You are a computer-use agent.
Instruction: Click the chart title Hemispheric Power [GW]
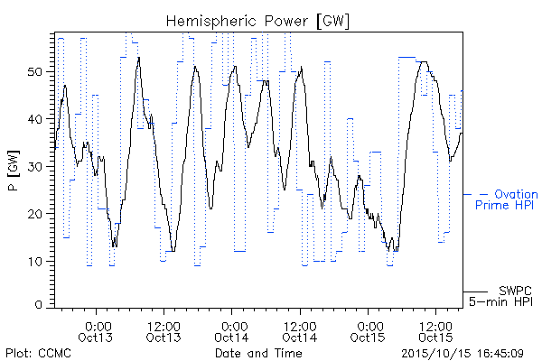(257, 22)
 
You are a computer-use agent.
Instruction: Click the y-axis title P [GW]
(14, 171)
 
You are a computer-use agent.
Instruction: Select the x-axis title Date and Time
(258, 354)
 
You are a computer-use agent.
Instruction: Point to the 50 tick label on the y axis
(35, 72)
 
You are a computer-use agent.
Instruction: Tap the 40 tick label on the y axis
(35, 119)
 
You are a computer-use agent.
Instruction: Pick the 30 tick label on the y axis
(35, 166)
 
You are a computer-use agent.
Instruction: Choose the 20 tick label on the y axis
(35, 214)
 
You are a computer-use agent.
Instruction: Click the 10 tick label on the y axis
(35, 261)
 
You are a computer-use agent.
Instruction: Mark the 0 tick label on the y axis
(39, 305)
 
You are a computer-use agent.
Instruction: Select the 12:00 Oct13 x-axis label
(164, 332)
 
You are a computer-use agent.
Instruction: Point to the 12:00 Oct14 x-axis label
(300, 332)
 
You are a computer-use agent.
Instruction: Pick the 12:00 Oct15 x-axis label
(436, 332)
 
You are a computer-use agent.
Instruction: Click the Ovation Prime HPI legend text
(507, 199)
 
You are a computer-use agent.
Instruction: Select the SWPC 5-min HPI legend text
(500, 296)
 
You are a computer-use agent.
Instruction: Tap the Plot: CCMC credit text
(38, 354)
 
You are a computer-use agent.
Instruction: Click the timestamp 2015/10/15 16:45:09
(463, 354)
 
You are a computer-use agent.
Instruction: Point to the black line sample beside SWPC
(475, 292)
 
